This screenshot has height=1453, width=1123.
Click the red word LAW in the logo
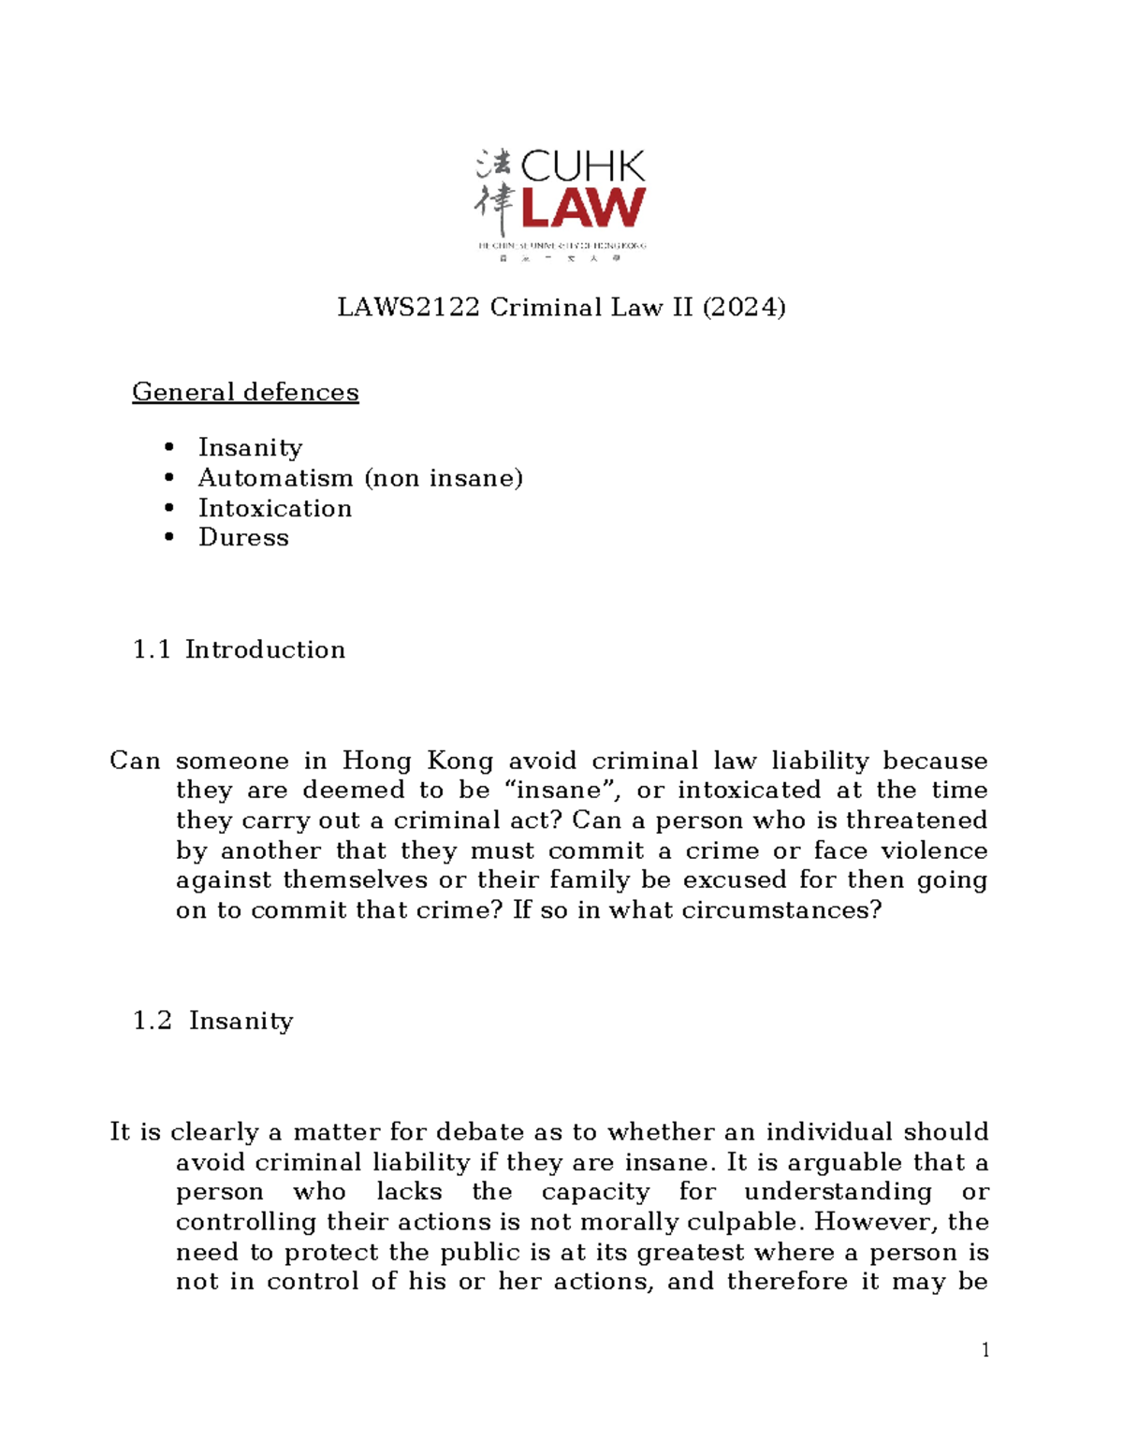pyautogui.click(x=582, y=208)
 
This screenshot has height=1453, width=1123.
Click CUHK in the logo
pyautogui.click(x=582, y=167)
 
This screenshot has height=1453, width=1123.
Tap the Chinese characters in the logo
pyautogui.click(x=493, y=192)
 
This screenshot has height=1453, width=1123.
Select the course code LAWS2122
pyautogui.click(x=408, y=307)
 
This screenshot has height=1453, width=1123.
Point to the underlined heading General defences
pyautogui.click(x=245, y=391)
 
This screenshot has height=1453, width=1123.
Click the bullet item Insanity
pyautogui.click(x=250, y=447)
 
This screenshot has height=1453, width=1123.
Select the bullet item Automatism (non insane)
pyautogui.click(x=360, y=478)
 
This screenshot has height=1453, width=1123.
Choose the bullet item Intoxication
pyautogui.click(x=275, y=508)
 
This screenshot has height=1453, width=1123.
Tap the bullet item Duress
pyautogui.click(x=243, y=537)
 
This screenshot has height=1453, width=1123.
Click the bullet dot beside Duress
pyautogui.click(x=169, y=537)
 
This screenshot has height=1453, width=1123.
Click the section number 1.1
pyautogui.click(x=152, y=649)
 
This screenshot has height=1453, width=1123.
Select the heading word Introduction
pyautogui.click(x=265, y=649)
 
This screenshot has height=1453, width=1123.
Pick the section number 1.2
pyautogui.click(x=153, y=1020)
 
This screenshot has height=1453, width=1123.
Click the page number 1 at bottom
pyautogui.click(x=985, y=1349)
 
